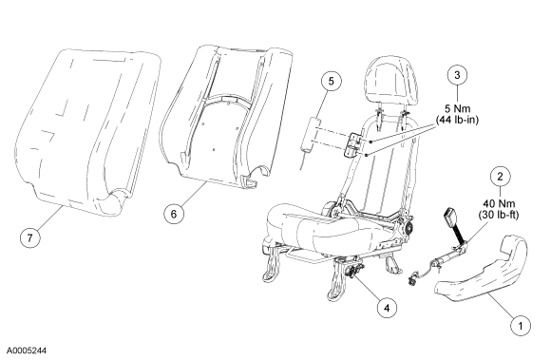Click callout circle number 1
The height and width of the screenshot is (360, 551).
click(x=521, y=326)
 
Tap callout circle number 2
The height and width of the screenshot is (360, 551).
click(x=500, y=177)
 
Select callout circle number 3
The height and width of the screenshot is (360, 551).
click(x=457, y=75)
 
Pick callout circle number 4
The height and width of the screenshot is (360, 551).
click(x=387, y=308)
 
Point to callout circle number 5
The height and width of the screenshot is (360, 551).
click(x=332, y=81)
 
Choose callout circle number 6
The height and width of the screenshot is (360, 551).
click(x=174, y=213)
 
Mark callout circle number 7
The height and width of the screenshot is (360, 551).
click(x=29, y=237)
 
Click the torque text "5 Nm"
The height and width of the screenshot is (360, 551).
click(x=457, y=108)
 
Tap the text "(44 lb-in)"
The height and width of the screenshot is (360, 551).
click(x=457, y=120)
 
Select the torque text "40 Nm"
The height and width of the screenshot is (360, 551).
click(x=499, y=203)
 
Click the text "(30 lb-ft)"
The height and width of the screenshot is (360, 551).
click(x=499, y=215)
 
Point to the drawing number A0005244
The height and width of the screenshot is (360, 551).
click(x=27, y=351)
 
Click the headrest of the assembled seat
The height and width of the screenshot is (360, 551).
click(x=391, y=78)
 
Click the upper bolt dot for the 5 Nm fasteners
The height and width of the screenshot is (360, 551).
click(x=370, y=142)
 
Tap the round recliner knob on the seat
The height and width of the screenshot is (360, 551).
click(x=408, y=229)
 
